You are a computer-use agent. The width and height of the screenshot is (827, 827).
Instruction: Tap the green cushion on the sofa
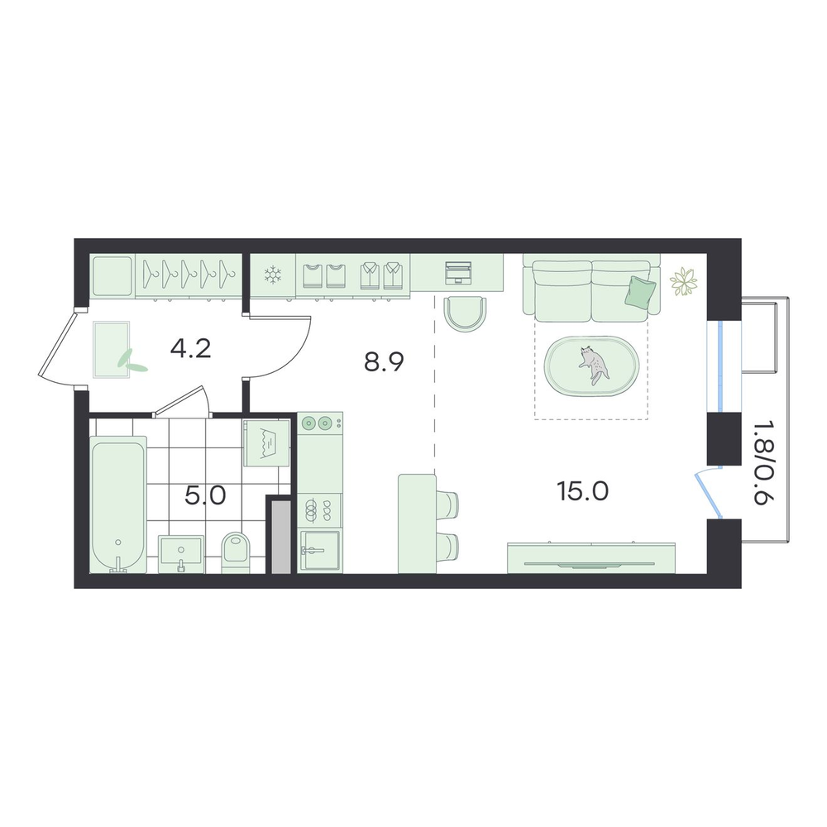click(x=640, y=291)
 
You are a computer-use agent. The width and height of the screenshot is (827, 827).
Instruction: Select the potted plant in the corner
click(x=684, y=280)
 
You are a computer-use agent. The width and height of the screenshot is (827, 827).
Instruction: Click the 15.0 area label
click(x=582, y=491)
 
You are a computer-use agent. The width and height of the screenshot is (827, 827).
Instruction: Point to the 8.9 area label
click(x=384, y=362)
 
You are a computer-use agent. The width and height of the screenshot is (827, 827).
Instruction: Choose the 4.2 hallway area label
click(x=191, y=349)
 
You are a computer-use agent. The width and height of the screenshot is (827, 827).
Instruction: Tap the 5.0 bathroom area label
click(x=205, y=495)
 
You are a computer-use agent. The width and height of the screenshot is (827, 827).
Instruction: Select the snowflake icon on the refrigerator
click(x=273, y=275)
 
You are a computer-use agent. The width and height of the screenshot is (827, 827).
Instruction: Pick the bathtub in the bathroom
click(x=118, y=504)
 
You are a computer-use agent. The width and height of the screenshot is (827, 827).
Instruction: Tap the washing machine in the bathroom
click(x=266, y=443)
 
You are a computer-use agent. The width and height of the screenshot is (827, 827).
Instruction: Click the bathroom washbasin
click(x=181, y=554)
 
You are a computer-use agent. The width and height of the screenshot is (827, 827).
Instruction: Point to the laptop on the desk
click(x=457, y=273)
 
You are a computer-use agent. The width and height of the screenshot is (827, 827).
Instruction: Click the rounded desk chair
click(x=465, y=314)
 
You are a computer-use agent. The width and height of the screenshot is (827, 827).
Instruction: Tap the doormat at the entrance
click(x=112, y=350)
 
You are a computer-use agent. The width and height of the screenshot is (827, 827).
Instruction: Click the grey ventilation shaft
click(x=281, y=537)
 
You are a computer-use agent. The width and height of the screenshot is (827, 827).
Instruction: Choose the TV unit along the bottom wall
click(x=591, y=558)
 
